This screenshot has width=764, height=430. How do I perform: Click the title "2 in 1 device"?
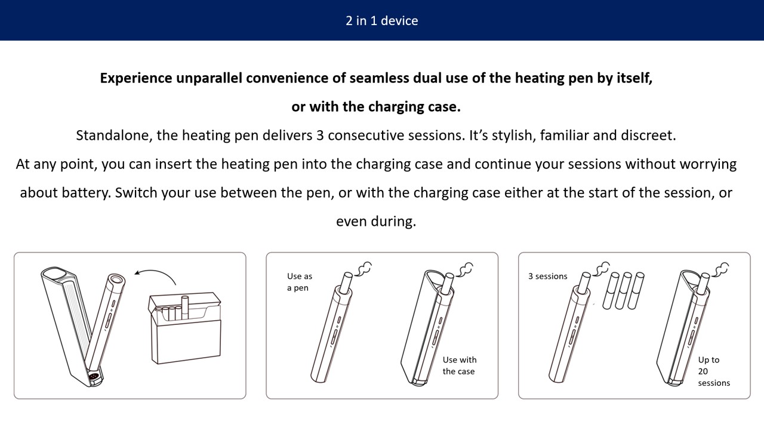381,21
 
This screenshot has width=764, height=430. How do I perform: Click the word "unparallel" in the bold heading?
209,78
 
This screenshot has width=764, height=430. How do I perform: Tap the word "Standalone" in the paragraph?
114,136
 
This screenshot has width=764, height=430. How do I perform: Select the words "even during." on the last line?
376,221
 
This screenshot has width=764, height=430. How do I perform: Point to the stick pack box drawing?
185,328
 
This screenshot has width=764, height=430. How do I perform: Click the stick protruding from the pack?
185,308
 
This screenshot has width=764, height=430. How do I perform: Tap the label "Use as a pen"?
300,282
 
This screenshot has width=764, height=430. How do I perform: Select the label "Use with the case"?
459,365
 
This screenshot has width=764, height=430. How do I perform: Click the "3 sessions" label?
547,276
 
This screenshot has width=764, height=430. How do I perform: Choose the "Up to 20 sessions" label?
713,371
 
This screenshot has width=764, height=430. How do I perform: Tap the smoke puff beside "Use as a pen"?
363,269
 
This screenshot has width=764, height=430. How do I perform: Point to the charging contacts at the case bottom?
94,376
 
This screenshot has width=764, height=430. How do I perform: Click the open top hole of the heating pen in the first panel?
116,279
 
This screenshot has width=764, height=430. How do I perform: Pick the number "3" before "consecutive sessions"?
320,136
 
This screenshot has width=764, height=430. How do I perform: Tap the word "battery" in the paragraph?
87,193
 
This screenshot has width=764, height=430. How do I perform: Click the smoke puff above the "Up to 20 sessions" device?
720,269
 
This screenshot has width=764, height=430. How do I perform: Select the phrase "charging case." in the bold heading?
414,107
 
